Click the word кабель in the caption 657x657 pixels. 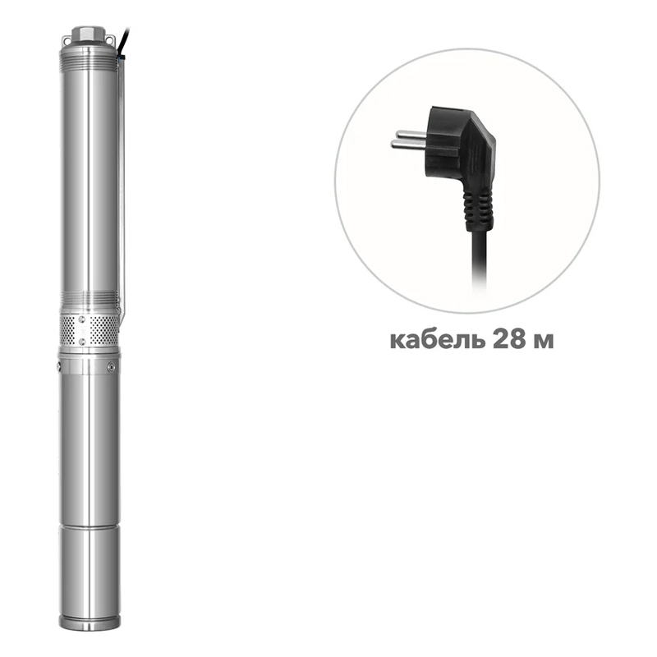[437, 340]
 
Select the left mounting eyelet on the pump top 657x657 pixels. [67, 40]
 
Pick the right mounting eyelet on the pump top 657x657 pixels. [109, 39]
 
